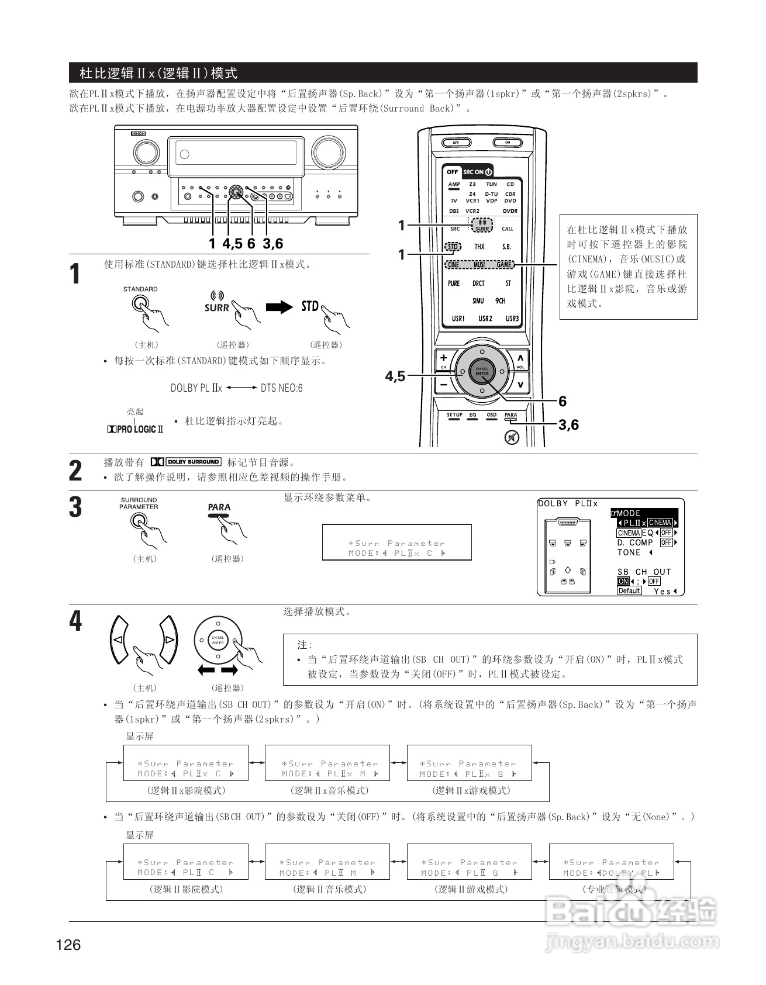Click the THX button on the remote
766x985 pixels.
479,247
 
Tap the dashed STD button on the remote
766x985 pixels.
453,247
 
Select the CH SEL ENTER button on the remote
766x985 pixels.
482,371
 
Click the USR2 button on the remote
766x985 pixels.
485,319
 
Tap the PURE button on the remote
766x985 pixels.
454,284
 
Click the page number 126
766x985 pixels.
68,944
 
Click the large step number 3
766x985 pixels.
75,507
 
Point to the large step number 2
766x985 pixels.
75,471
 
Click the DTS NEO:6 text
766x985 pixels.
281,388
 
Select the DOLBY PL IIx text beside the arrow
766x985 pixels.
196,388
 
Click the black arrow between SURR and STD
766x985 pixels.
279,307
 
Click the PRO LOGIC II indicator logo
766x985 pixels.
135,429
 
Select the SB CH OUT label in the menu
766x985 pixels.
644,572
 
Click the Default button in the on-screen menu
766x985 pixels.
629,591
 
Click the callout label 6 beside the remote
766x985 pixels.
563,401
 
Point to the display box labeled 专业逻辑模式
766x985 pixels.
611,862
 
